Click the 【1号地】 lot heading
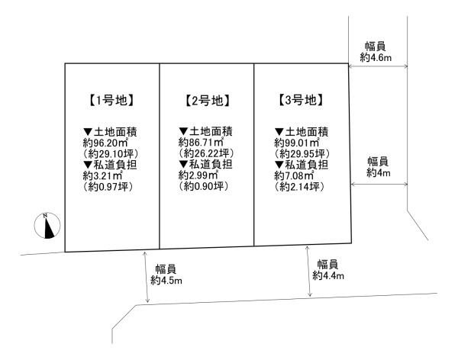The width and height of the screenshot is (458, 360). point(111,101)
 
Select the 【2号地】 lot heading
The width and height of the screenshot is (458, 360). point(207,101)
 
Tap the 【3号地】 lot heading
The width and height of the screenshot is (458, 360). point(301,100)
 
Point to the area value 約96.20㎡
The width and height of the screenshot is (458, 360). point(106,143)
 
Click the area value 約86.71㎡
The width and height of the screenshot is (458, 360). point(202,143)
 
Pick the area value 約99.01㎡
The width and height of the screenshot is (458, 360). point(297,143)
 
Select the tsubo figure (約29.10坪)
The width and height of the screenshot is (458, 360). point(111,153)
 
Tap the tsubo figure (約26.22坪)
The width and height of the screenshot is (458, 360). point(206,153)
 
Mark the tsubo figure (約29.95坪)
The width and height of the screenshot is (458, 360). point(302,153)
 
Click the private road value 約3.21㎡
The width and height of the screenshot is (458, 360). point(103,175)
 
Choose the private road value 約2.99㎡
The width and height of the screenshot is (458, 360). point(198,175)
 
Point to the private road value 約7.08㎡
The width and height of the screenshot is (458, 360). point(294,175)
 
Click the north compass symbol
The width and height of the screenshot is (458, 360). point(47,226)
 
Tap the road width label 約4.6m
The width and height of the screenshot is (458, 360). point(376,57)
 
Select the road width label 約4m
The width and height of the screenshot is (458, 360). point(379,172)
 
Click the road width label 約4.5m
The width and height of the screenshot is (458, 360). point(166,280)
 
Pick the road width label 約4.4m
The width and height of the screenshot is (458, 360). point(328,275)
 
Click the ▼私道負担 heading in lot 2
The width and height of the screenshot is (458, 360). point(205,165)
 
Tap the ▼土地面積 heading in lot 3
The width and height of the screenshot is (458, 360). point(302,131)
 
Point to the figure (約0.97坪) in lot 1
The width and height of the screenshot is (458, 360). point(108,187)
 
